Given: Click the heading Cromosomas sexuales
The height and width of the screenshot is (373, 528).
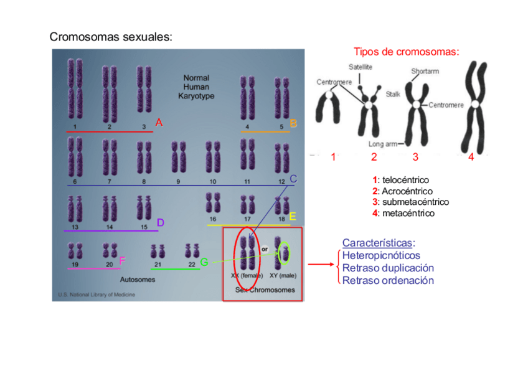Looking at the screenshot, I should click(110, 37).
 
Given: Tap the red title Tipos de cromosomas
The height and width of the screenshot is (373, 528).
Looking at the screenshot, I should click(406, 52).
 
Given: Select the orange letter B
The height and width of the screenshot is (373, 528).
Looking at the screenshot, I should click(293, 124).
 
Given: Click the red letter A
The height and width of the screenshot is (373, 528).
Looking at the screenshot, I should click(159, 123).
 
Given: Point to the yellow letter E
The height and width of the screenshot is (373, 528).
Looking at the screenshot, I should click(292, 217).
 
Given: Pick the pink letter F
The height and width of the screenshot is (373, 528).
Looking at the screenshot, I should click(122, 260).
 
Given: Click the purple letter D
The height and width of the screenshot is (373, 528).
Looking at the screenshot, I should click(160, 222).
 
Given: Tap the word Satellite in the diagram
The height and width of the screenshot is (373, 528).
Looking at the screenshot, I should click(359, 67).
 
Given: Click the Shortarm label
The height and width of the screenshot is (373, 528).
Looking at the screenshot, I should click(425, 72).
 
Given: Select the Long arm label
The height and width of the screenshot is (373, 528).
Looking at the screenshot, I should click(383, 144).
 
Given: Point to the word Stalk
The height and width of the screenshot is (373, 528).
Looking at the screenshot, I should click(393, 94).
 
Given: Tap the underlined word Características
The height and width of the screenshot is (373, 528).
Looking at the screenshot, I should click(379, 243).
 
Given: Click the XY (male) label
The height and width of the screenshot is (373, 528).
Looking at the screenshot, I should click(283, 275).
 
